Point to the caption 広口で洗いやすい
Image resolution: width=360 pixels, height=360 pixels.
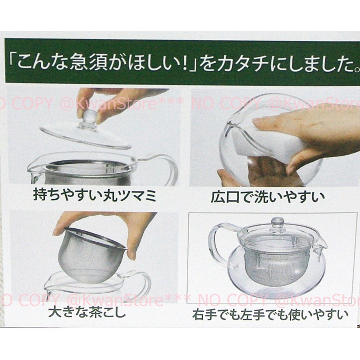tap(268, 196)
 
